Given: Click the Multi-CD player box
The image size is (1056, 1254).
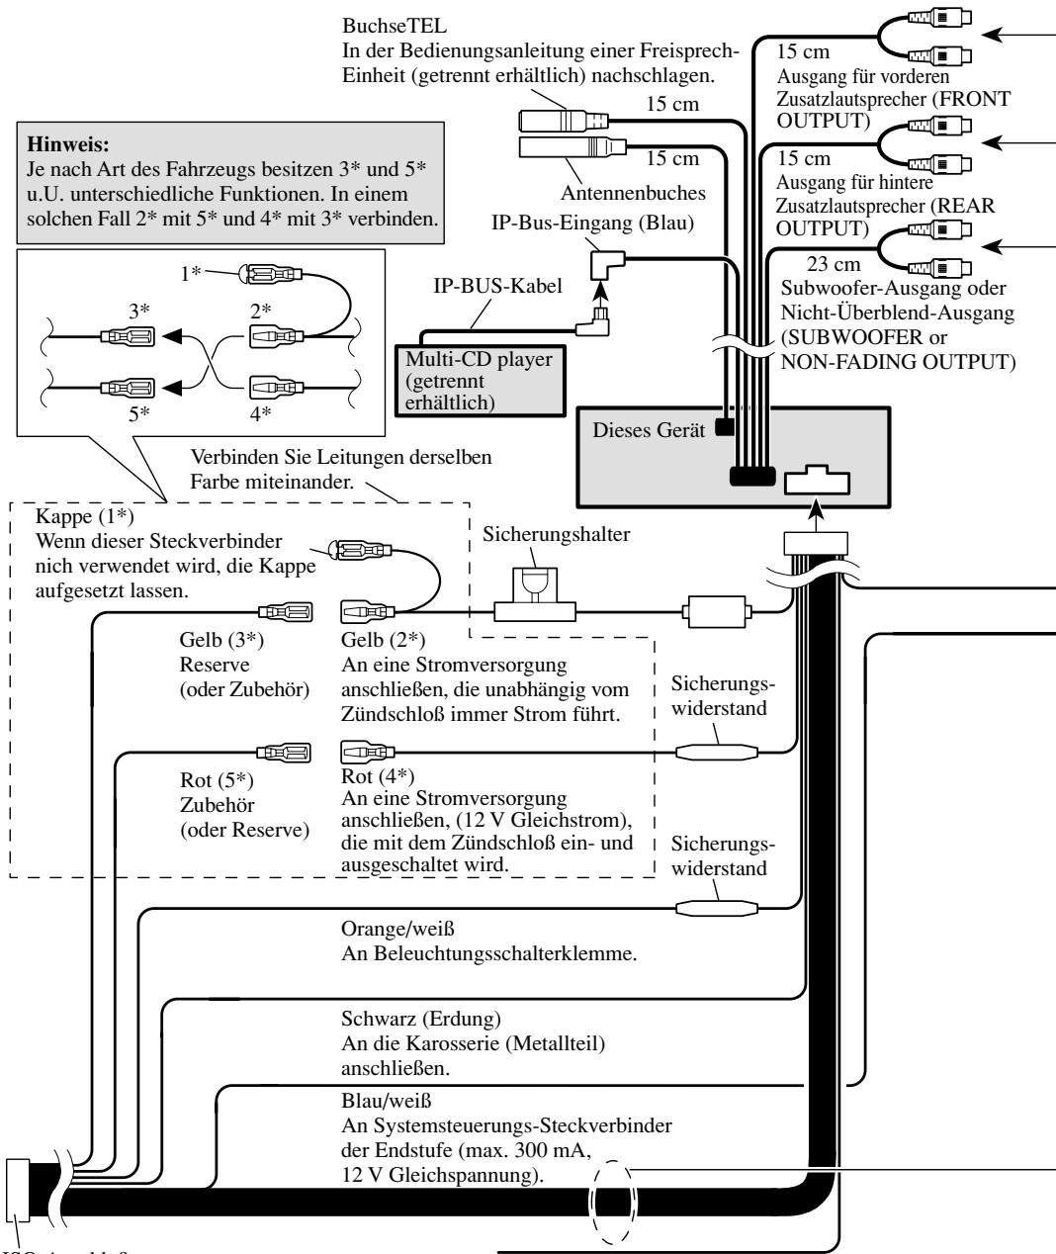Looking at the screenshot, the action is [x=481, y=380].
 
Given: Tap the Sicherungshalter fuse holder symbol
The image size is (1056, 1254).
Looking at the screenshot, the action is [x=534, y=594].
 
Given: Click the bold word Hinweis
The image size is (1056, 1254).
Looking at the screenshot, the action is [x=68, y=144].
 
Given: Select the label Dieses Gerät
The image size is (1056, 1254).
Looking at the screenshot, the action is [x=649, y=430].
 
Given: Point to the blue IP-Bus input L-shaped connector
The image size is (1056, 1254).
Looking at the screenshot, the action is [x=607, y=265].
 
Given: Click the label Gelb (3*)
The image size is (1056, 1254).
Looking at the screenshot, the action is [x=221, y=640].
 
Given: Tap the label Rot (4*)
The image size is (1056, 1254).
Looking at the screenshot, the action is [x=378, y=776].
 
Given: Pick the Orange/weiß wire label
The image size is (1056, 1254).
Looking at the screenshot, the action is [x=397, y=929].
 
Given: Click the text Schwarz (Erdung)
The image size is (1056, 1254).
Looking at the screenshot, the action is [x=421, y=1019].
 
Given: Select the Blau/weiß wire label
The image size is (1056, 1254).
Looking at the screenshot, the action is [x=386, y=1101].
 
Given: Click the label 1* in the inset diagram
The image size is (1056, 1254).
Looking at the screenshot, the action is [x=191, y=273].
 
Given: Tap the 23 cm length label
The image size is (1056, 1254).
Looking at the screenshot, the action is [x=834, y=264].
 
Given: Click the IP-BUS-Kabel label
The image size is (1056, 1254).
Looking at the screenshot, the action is [x=497, y=286].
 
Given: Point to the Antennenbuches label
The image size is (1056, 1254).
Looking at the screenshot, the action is [x=633, y=193].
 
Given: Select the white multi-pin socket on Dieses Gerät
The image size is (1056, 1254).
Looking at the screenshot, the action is [x=817, y=481].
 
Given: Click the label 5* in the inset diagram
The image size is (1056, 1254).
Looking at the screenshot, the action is [x=138, y=413].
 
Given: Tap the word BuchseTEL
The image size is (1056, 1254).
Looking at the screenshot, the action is [x=395, y=26].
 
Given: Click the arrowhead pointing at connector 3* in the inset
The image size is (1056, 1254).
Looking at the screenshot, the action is [x=172, y=336].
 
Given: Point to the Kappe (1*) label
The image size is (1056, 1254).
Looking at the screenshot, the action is [x=85, y=516].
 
